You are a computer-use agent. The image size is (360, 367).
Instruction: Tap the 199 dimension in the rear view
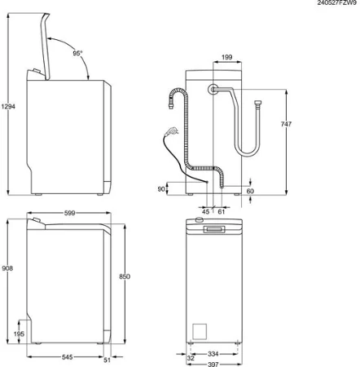[228, 58]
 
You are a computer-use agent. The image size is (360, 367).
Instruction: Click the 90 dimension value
[162, 189]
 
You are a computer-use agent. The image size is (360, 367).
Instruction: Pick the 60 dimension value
[250, 191]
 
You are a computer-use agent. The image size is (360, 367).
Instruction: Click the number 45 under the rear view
[205, 211]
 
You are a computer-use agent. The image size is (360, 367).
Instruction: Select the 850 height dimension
[124, 276]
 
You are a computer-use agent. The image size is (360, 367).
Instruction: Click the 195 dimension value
[20, 334]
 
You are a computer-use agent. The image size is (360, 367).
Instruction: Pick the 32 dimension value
[190, 356]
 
